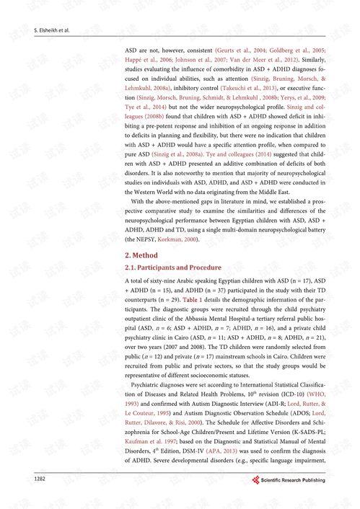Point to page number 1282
click(x=40, y=479)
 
